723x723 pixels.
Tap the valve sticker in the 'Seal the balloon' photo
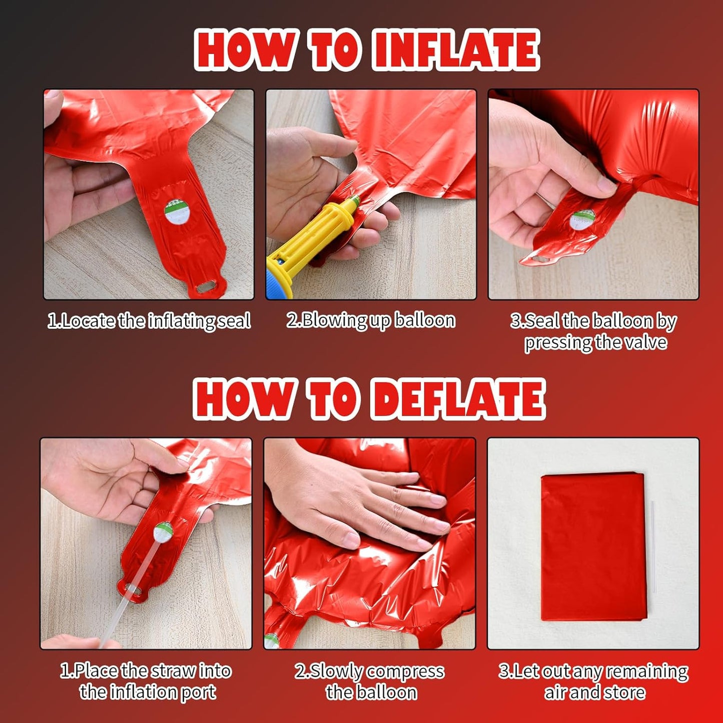(582, 220)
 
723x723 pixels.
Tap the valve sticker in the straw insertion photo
(163, 532)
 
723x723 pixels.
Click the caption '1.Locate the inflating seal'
(149, 321)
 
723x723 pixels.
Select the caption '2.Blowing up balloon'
(371, 321)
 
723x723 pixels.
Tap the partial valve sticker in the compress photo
(271, 641)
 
